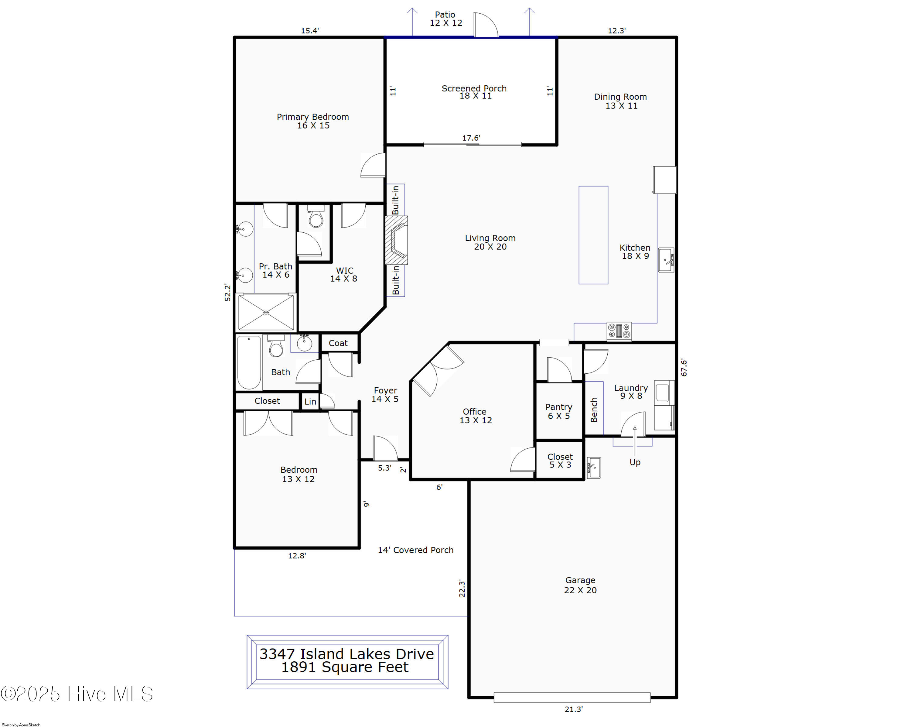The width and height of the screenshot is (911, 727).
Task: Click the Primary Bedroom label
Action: (x=313, y=121)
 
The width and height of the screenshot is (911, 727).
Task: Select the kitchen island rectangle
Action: (x=593, y=235)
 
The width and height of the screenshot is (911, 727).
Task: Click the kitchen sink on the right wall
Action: (x=666, y=259)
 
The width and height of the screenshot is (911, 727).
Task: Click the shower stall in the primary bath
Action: (x=266, y=312)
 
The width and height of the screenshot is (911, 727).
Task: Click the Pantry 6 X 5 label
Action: (x=559, y=411)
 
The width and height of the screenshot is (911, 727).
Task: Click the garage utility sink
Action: (x=594, y=468)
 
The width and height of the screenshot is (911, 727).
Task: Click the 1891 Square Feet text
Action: (x=345, y=667)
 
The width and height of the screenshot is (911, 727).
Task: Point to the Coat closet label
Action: (x=338, y=343)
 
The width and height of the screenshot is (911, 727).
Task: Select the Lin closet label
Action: (x=310, y=402)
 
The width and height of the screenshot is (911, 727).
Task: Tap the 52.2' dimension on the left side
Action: (x=228, y=293)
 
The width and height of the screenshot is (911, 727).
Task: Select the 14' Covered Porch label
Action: (x=415, y=550)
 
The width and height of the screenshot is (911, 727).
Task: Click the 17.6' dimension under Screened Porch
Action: (x=471, y=138)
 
